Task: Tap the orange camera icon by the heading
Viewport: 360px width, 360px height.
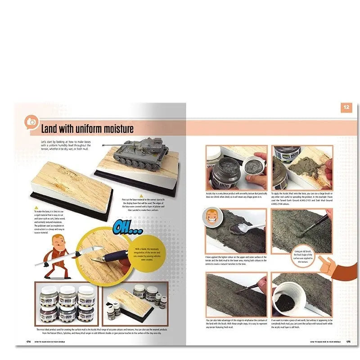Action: coord(32,122)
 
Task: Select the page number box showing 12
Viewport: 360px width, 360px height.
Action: coord(346,108)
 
